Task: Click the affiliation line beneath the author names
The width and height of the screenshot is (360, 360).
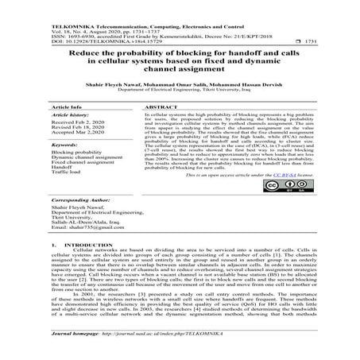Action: tap(180, 91)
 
